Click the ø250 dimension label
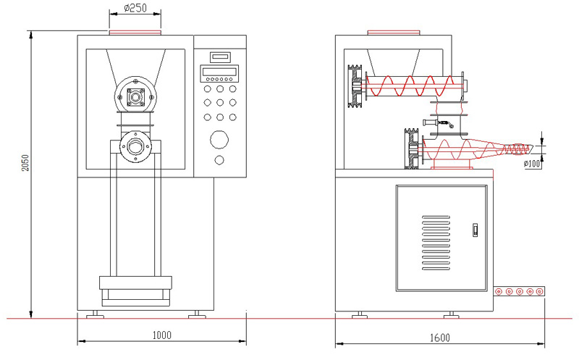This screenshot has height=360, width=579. (135, 9)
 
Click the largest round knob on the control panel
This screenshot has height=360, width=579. (219, 138)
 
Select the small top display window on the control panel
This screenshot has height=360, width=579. (219, 56)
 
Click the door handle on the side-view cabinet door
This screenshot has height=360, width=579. (476, 230)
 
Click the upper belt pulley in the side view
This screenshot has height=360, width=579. (354, 86)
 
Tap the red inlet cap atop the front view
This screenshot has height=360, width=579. (135, 32)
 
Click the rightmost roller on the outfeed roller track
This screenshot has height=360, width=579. (540, 291)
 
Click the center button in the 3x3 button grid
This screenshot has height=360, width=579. (219, 102)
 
